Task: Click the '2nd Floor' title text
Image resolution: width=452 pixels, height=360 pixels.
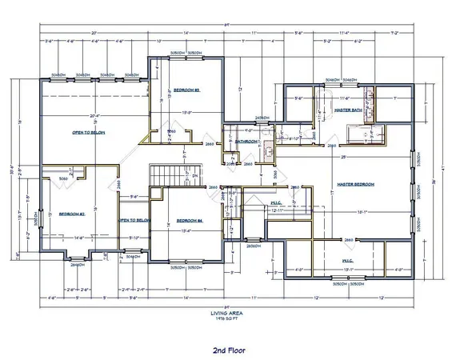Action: point(229,350)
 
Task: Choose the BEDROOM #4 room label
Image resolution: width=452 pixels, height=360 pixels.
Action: point(188,220)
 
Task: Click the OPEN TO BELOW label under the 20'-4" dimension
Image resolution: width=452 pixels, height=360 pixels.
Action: point(89,132)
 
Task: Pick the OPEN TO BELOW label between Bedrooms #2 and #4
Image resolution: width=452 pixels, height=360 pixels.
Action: point(134,220)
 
